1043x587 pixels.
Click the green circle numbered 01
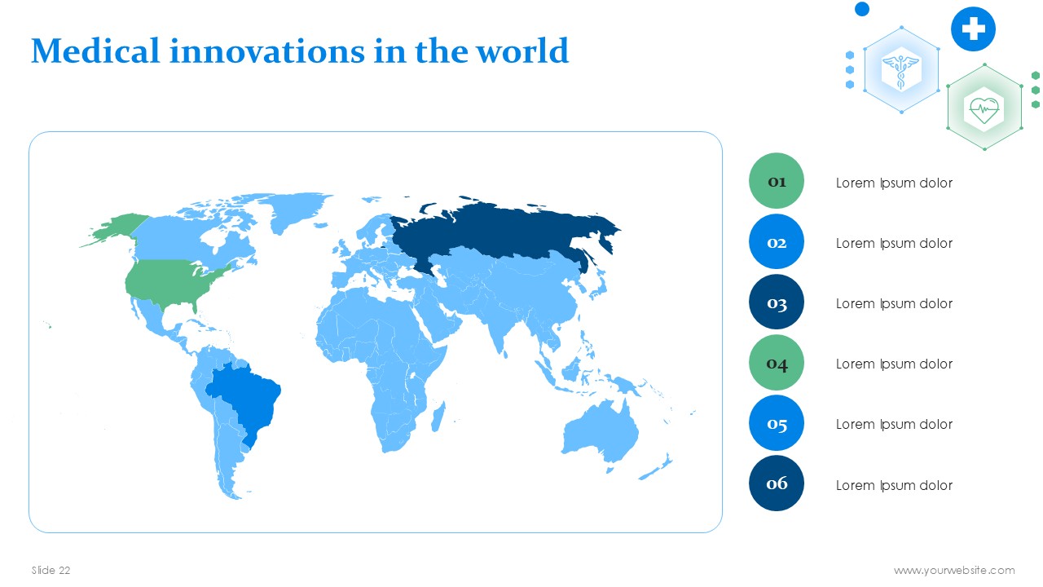click(x=777, y=181)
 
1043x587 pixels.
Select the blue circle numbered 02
click(x=777, y=241)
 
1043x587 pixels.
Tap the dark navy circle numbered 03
click(x=777, y=302)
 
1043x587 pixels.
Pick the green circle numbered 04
click(x=777, y=363)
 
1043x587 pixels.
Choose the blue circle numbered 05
click(x=777, y=423)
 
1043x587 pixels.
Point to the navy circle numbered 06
click(x=777, y=483)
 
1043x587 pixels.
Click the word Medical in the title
click(x=95, y=51)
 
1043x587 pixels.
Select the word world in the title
click(x=522, y=51)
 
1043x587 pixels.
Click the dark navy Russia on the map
click(x=503, y=231)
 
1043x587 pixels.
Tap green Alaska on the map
click(x=117, y=227)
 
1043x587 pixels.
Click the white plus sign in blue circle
click(x=973, y=29)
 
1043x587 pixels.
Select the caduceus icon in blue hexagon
click(x=901, y=70)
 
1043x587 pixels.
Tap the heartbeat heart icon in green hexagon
click(x=984, y=110)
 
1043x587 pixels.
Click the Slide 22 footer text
click(x=51, y=570)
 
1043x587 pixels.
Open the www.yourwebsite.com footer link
click(x=954, y=570)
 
